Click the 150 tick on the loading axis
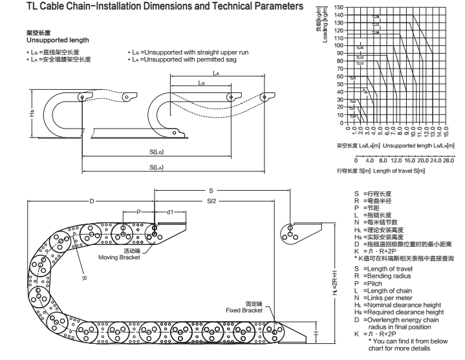pos(340,8)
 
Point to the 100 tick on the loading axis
pos(340,46)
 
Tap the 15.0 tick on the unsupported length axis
pos(446,132)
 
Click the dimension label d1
pos(171,211)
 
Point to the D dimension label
pos(91,201)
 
